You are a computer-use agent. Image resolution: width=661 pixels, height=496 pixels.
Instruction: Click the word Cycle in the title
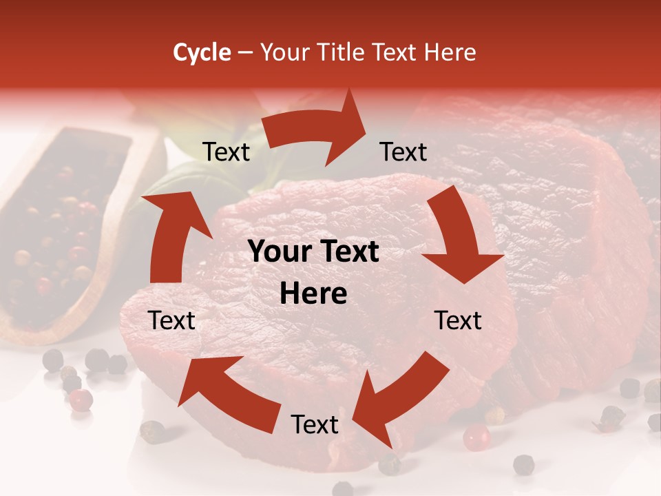[x=202, y=52]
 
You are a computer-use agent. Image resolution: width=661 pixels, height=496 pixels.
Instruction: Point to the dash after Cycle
[x=245, y=52]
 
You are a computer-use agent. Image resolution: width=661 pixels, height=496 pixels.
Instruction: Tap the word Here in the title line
[x=450, y=52]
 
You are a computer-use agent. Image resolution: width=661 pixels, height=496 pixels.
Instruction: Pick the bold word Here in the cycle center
[x=313, y=294]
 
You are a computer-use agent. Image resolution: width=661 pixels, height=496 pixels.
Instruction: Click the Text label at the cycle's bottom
[x=315, y=424]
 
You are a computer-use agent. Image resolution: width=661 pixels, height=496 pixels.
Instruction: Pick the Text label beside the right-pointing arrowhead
[x=403, y=152]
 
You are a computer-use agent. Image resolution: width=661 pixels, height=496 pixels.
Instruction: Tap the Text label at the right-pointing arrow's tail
[x=226, y=152]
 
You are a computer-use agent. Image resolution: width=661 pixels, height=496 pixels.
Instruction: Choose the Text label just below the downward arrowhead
[x=458, y=320]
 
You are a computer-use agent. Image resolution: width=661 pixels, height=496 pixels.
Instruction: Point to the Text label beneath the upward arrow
[x=171, y=320]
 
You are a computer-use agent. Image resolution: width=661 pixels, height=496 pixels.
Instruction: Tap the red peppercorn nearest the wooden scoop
[x=81, y=400]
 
